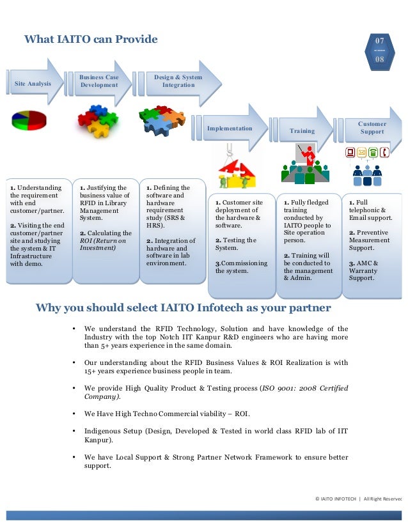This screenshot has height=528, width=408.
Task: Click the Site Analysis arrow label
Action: click(x=31, y=84)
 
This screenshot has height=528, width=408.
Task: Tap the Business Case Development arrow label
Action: click(x=99, y=81)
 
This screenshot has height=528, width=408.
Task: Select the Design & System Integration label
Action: click(x=178, y=81)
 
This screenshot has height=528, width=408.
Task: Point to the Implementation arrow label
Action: click(x=230, y=128)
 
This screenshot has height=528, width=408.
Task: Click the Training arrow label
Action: click(x=302, y=131)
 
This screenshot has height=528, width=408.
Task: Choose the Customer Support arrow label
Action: click(x=372, y=128)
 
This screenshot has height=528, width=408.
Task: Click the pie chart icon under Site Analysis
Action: click(x=29, y=120)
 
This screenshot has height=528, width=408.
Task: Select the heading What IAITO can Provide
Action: click(x=91, y=40)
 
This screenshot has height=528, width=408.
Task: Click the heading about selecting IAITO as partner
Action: click(x=183, y=308)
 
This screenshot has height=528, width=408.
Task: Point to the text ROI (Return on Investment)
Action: click(x=102, y=244)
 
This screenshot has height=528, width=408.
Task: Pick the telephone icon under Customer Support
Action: click(x=384, y=152)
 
